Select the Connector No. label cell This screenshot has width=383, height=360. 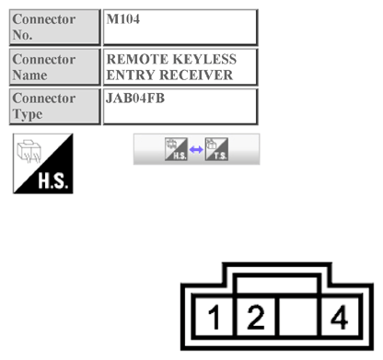53,26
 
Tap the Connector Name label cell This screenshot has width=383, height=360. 53,66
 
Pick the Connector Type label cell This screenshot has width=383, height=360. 53,105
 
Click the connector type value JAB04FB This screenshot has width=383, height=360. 135,98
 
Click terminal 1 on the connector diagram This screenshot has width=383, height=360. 214,319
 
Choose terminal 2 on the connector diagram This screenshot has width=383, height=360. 256,319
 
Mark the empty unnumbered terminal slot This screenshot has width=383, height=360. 297,319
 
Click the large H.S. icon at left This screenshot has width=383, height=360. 42,163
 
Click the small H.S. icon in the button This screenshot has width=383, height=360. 176,149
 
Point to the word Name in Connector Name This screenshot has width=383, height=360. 30,75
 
